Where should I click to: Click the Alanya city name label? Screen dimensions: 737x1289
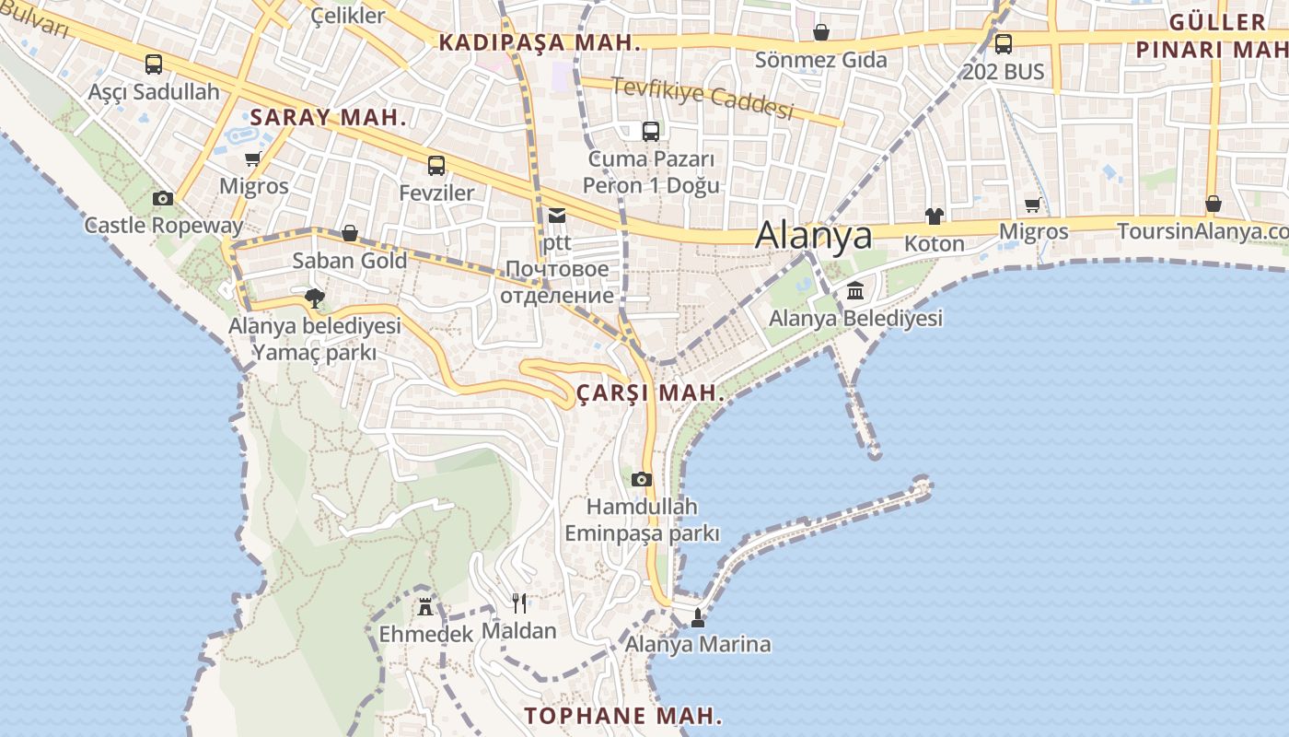point(813,236)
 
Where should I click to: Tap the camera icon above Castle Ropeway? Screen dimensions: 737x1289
point(163,198)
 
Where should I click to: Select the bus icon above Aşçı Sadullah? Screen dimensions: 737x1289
point(154,64)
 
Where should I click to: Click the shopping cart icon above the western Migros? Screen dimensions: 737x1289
point(253,158)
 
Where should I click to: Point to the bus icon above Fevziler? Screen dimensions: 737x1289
point(436,166)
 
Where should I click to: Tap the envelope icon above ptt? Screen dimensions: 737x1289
point(557,216)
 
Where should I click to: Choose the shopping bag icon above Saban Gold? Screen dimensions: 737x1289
point(350,233)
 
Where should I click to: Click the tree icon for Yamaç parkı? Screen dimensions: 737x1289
point(314,298)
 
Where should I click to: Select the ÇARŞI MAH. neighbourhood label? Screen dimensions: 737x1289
point(650,393)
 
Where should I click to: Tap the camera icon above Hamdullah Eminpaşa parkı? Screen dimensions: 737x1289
point(642,479)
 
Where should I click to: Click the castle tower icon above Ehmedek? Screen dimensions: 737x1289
point(425,607)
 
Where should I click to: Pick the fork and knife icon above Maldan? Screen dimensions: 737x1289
point(519,603)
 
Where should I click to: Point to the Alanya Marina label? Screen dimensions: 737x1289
point(698,644)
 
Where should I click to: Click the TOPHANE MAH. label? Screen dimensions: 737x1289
point(623,716)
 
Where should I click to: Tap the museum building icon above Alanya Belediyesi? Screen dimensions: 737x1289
point(855,291)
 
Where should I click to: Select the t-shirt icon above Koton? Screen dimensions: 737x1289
point(935,216)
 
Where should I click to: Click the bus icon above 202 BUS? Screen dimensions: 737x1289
point(1004,43)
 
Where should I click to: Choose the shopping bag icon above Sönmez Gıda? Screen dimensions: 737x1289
point(820,33)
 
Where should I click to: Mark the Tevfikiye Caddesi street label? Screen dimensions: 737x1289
point(703,99)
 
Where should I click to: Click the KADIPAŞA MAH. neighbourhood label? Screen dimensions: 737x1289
point(539,42)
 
